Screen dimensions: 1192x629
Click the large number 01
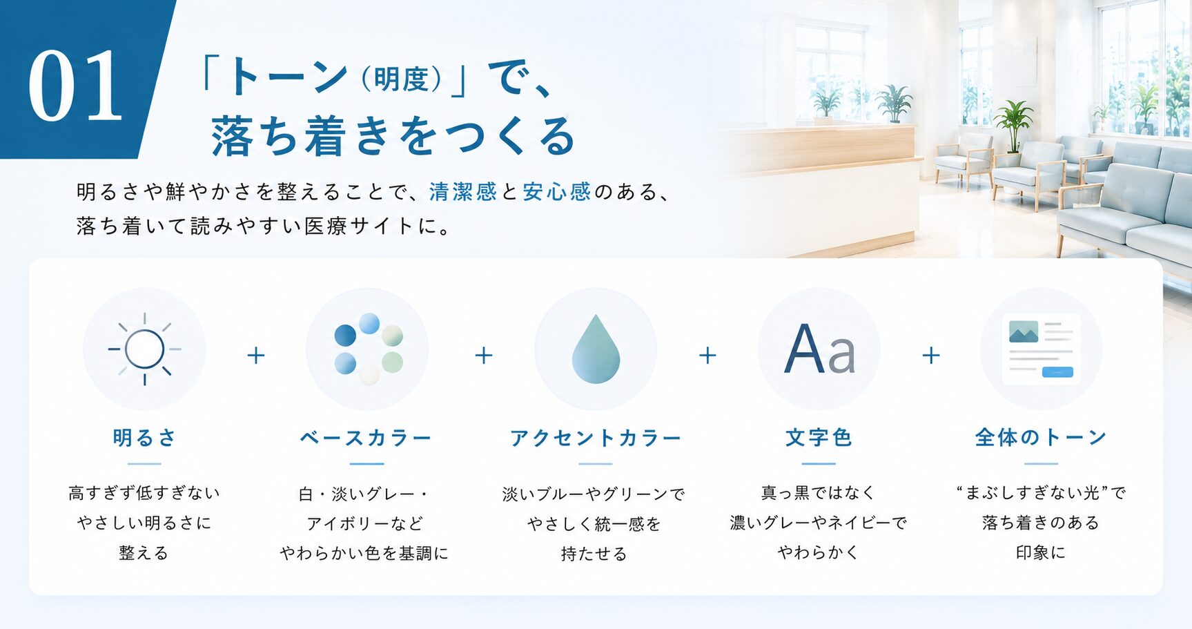pyautogui.click(x=75, y=86)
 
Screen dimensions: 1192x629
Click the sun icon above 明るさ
pyautogui.click(x=145, y=349)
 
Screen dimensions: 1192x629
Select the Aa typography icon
pyautogui.click(x=819, y=349)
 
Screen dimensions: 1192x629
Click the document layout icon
pyautogui.click(x=1041, y=349)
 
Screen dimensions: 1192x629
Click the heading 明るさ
pyautogui.click(x=145, y=438)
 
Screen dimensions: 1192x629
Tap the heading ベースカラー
pyautogui.click(x=366, y=438)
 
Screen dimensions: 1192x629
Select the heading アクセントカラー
pyautogui.click(x=596, y=438)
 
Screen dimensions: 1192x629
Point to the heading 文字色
pyautogui.click(x=819, y=438)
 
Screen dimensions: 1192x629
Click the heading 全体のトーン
pyautogui.click(x=1041, y=437)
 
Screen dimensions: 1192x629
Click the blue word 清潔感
pyautogui.click(x=462, y=191)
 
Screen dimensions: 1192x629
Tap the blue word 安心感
pyautogui.click(x=556, y=191)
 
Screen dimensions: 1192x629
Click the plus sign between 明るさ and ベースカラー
pyautogui.click(x=256, y=355)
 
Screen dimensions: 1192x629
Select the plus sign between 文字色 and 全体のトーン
pyautogui.click(x=931, y=355)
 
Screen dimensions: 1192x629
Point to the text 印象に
pyautogui.click(x=1041, y=552)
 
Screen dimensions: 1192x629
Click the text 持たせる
pyautogui.click(x=594, y=554)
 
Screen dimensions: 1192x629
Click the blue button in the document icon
pyautogui.click(x=1058, y=372)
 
